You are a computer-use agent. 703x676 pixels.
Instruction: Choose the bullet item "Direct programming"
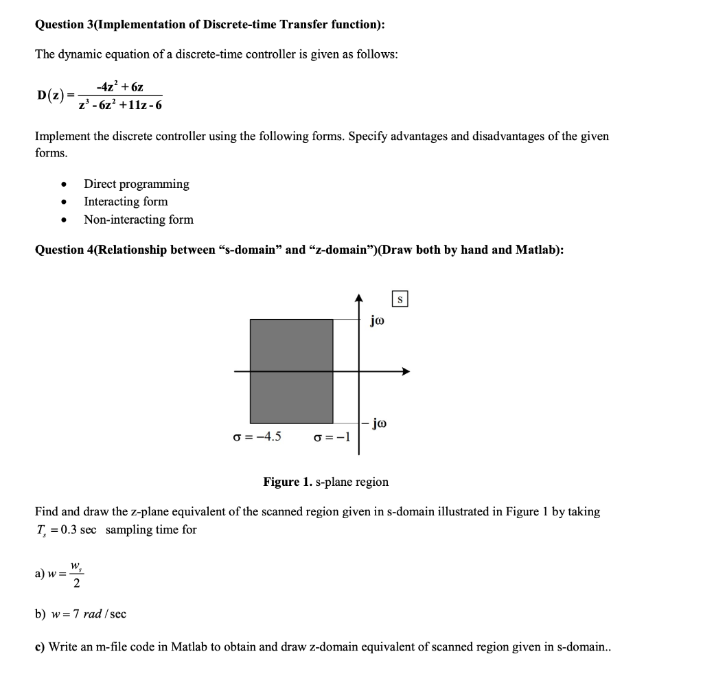point(136,184)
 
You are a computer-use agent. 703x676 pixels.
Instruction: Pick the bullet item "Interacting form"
point(125,202)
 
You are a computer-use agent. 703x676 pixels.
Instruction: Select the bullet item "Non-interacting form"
point(138,220)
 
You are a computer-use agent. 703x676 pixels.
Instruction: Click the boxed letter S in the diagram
point(401,299)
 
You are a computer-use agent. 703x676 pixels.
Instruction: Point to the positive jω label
point(378,319)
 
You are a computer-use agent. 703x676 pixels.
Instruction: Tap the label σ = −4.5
point(257,437)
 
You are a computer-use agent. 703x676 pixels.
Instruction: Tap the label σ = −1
point(332,438)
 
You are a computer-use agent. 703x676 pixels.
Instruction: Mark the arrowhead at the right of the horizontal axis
point(406,372)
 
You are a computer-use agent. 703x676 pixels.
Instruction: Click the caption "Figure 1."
point(287,482)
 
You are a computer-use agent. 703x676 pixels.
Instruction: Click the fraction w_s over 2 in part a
point(76,576)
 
